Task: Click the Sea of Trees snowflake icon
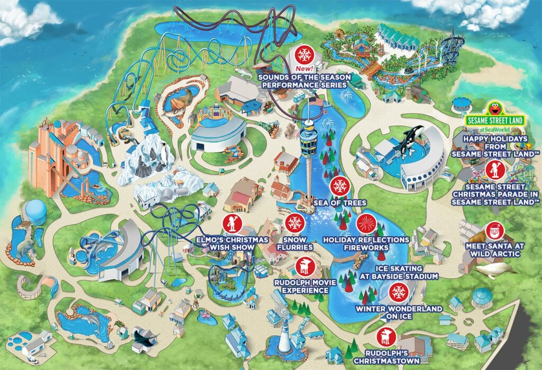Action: pos(339,186)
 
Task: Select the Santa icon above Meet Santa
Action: pos(494,231)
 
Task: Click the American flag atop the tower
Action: pos(317,102)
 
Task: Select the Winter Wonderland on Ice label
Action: pos(399,313)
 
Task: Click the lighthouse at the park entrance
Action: pos(285,337)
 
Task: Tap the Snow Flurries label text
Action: pos(294,243)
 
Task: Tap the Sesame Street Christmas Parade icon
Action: pos(494,169)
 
